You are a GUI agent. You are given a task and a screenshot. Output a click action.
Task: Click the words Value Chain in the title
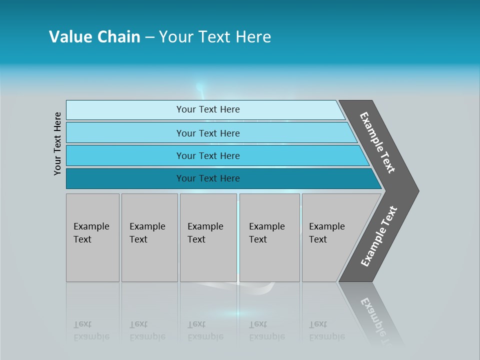[x=94, y=37]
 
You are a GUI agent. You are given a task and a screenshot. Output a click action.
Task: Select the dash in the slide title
[x=149, y=37]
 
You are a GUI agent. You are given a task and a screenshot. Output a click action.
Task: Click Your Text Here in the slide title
[x=215, y=37]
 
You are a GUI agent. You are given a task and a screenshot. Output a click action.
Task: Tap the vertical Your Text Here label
[x=57, y=143]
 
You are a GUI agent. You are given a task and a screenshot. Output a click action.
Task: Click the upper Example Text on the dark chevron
[x=377, y=142]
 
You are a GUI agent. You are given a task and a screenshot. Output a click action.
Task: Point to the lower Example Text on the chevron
[x=379, y=236]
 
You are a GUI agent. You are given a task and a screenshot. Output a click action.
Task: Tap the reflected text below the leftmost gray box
[x=91, y=330]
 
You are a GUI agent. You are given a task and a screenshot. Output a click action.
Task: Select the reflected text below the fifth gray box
[x=326, y=330]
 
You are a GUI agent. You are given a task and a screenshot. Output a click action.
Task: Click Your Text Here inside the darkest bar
[x=208, y=178]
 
